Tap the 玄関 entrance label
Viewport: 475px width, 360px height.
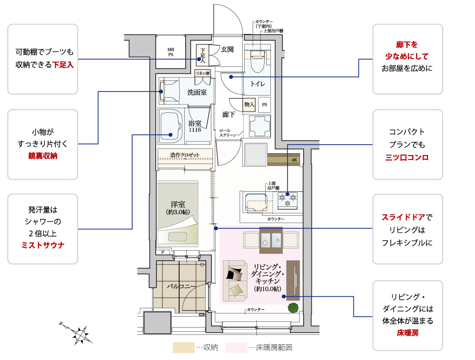(227, 49)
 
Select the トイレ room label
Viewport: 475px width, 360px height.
(257, 84)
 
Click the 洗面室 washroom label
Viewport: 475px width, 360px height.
(197, 92)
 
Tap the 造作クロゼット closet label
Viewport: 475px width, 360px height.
(185, 155)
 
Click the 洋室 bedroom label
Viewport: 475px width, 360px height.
(178, 205)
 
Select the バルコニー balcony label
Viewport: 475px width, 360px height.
(181, 286)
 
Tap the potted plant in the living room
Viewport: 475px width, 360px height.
(293, 308)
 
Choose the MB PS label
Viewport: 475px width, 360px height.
(171, 51)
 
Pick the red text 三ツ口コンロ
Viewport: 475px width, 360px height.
(407, 157)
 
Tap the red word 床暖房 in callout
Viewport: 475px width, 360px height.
(408, 332)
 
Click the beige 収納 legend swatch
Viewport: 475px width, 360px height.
(183, 347)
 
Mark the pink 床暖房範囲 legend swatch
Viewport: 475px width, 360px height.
(236, 347)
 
